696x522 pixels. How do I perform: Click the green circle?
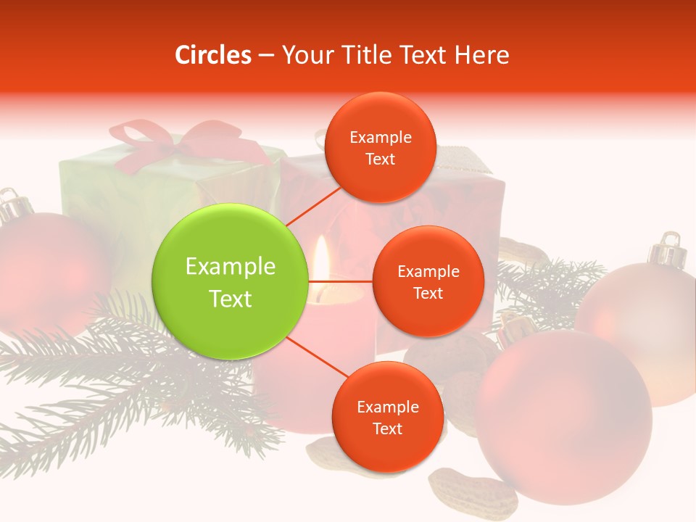pos(231,281)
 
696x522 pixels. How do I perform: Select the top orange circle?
pos(380,147)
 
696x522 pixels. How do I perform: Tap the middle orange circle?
pos(428,281)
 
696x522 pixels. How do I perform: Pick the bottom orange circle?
pos(387,417)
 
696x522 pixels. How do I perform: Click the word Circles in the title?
pos(212,55)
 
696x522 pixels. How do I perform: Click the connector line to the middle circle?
pos(341,281)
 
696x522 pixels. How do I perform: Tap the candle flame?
pos(321,261)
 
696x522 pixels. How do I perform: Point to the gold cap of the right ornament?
pos(668,250)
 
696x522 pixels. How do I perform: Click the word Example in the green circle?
pos(231,267)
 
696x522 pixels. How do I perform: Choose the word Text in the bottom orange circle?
pos(387,428)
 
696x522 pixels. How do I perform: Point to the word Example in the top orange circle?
pos(381,137)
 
